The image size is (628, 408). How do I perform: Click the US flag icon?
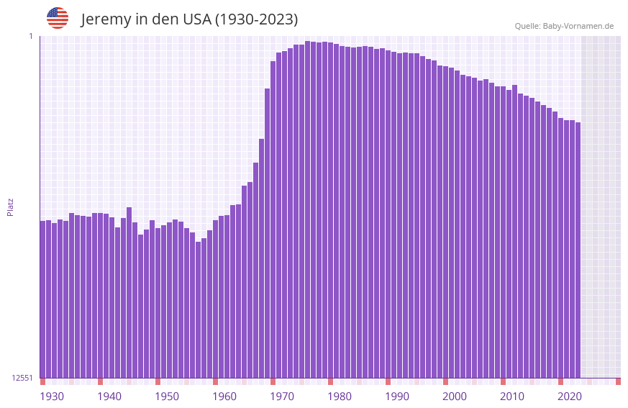(58, 18)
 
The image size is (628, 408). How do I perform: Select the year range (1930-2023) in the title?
(256, 19)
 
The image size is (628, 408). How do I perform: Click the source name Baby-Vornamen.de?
(578, 26)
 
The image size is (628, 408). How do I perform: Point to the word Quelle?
(527, 26)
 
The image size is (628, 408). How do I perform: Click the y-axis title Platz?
(10, 207)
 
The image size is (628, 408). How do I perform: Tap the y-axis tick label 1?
(30, 36)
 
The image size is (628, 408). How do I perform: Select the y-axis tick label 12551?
(22, 378)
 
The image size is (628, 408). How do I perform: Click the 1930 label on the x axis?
(52, 396)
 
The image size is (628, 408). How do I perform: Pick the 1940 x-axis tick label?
(109, 396)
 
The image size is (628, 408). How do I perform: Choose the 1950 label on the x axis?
(167, 396)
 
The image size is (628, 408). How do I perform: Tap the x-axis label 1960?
(224, 396)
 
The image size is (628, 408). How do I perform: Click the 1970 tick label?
(282, 396)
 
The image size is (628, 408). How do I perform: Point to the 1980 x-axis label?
(340, 396)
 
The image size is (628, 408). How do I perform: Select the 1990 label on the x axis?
(397, 396)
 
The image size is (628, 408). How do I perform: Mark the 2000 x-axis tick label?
(455, 396)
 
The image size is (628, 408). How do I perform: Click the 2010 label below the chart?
(512, 396)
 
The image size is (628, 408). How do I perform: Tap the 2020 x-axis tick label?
(570, 396)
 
